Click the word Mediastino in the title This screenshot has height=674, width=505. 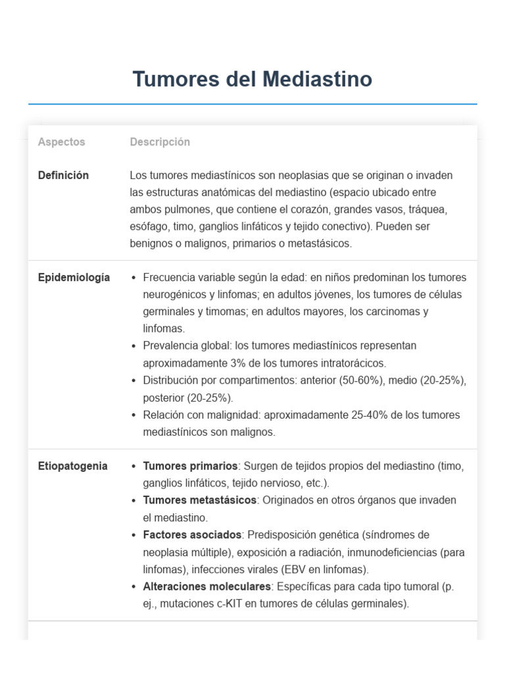coord(317,79)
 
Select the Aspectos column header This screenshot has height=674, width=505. coord(61,142)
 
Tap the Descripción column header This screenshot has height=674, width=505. coord(160,142)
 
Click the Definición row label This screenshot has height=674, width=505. coord(63,176)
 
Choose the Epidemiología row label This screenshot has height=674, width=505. coord(74,278)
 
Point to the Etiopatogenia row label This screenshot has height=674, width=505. coord(72,466)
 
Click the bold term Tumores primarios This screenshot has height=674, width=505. coord(190,466)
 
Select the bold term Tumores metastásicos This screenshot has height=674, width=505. coord(199,500)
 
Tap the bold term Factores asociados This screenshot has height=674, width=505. coord(193,534)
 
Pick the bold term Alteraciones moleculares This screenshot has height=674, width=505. coord(206,586)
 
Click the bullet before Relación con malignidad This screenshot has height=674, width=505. coord(134,415)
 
